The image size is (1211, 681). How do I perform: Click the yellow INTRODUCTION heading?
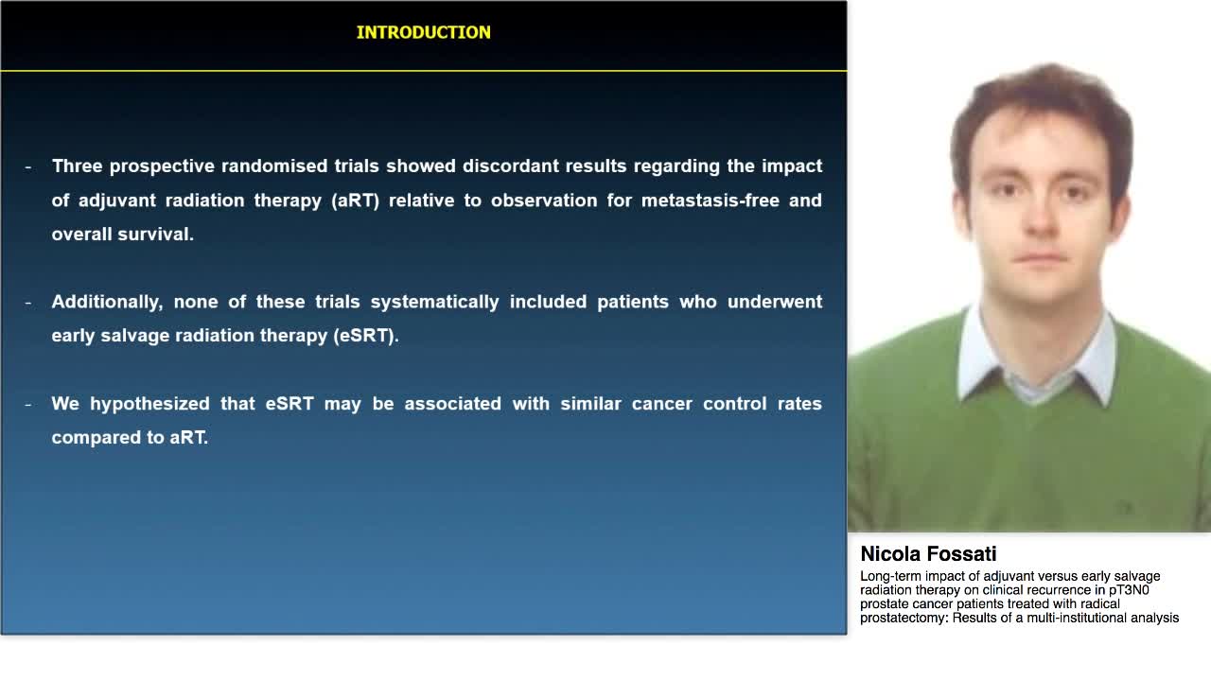(423, 32)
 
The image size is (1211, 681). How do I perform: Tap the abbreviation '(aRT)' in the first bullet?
(355, 201)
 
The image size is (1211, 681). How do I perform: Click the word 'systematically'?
(434, 302)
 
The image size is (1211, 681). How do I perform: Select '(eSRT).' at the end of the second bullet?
(365, 336)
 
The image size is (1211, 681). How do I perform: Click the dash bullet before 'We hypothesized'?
(28, 404)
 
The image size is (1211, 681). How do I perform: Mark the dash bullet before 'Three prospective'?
(28, 166)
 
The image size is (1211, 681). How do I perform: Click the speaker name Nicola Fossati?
(927, 554)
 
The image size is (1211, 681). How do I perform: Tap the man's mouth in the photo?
(1040, 259)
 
